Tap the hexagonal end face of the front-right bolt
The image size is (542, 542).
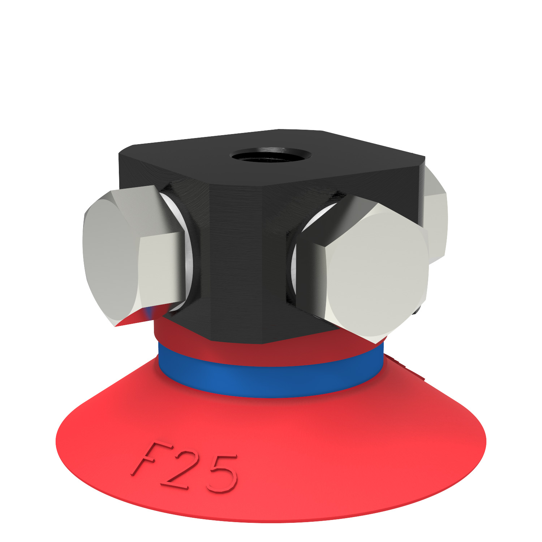click(x=376, y=275)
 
